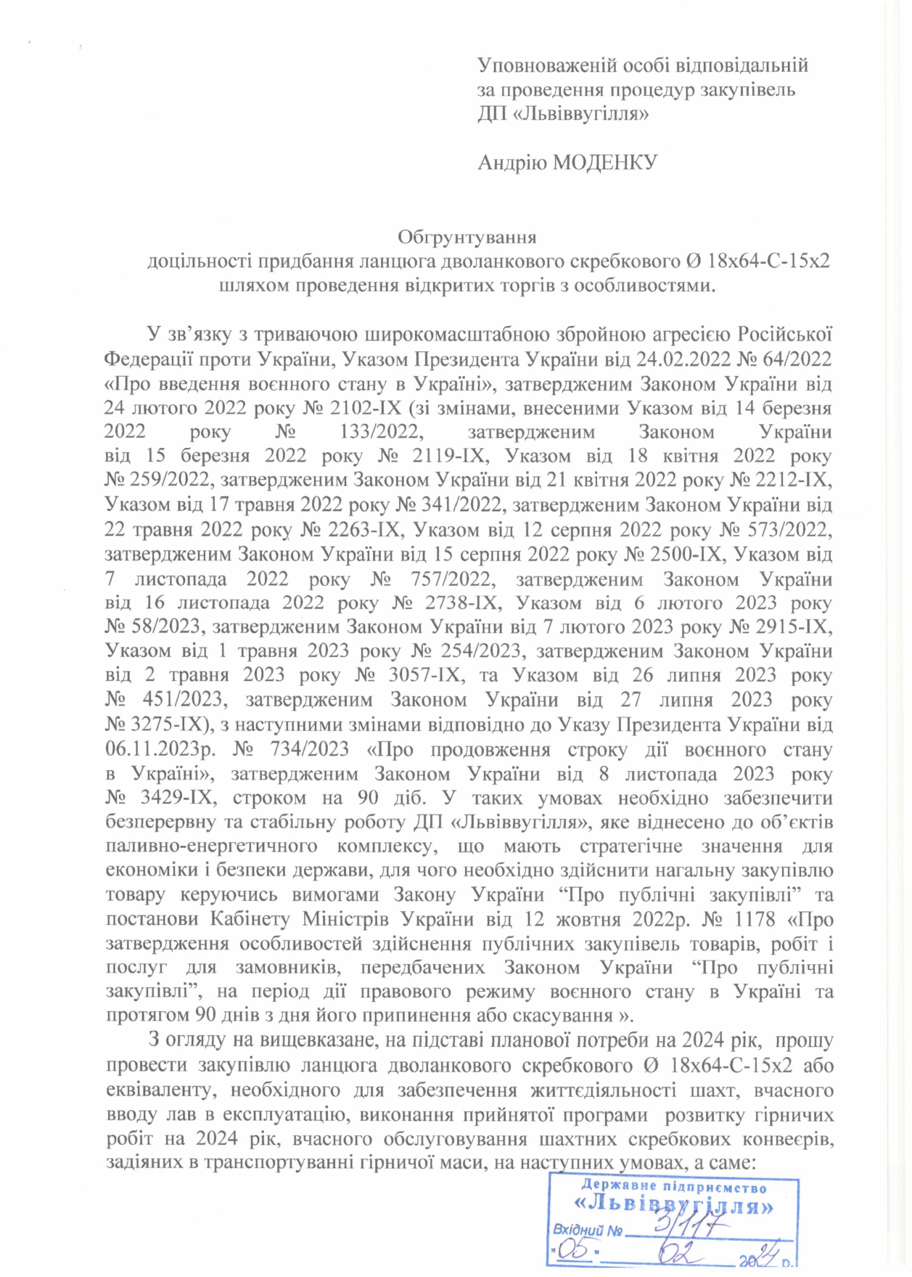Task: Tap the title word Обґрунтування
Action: (x=467, y=237)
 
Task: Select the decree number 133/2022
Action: (x=380, y=432)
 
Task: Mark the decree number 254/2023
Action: (x=478, y=651)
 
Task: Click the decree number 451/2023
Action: (x=181, y=701)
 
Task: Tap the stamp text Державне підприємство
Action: (x=673, y=1188)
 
